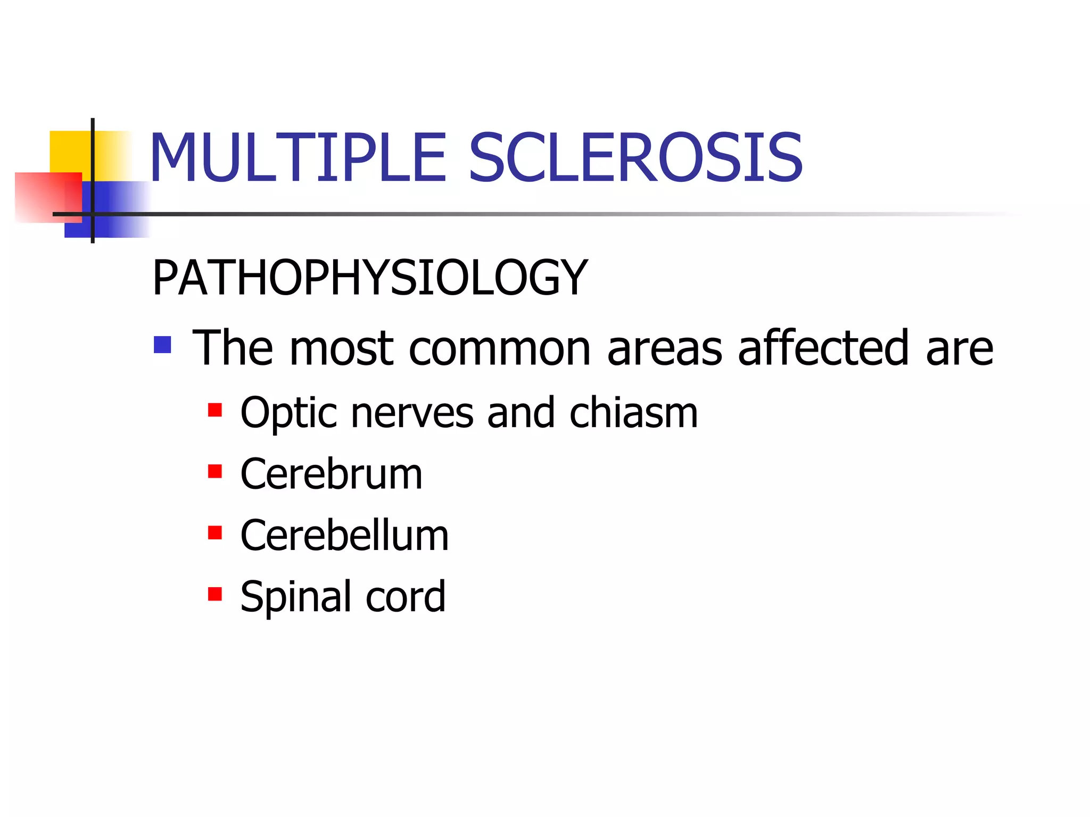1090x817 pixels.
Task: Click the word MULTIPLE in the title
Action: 298,158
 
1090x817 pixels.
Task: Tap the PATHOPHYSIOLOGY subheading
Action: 370,278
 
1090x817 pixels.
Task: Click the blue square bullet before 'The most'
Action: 162,345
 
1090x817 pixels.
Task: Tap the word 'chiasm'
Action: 633,413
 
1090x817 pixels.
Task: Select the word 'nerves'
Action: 412,414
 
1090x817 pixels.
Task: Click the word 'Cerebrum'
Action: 331,474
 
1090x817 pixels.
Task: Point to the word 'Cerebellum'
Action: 344,535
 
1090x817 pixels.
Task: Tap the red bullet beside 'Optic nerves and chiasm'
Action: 215,410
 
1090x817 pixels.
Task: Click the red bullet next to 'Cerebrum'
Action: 215,471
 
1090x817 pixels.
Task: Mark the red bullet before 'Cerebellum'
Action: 215,532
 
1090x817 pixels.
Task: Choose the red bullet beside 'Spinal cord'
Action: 215,594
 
